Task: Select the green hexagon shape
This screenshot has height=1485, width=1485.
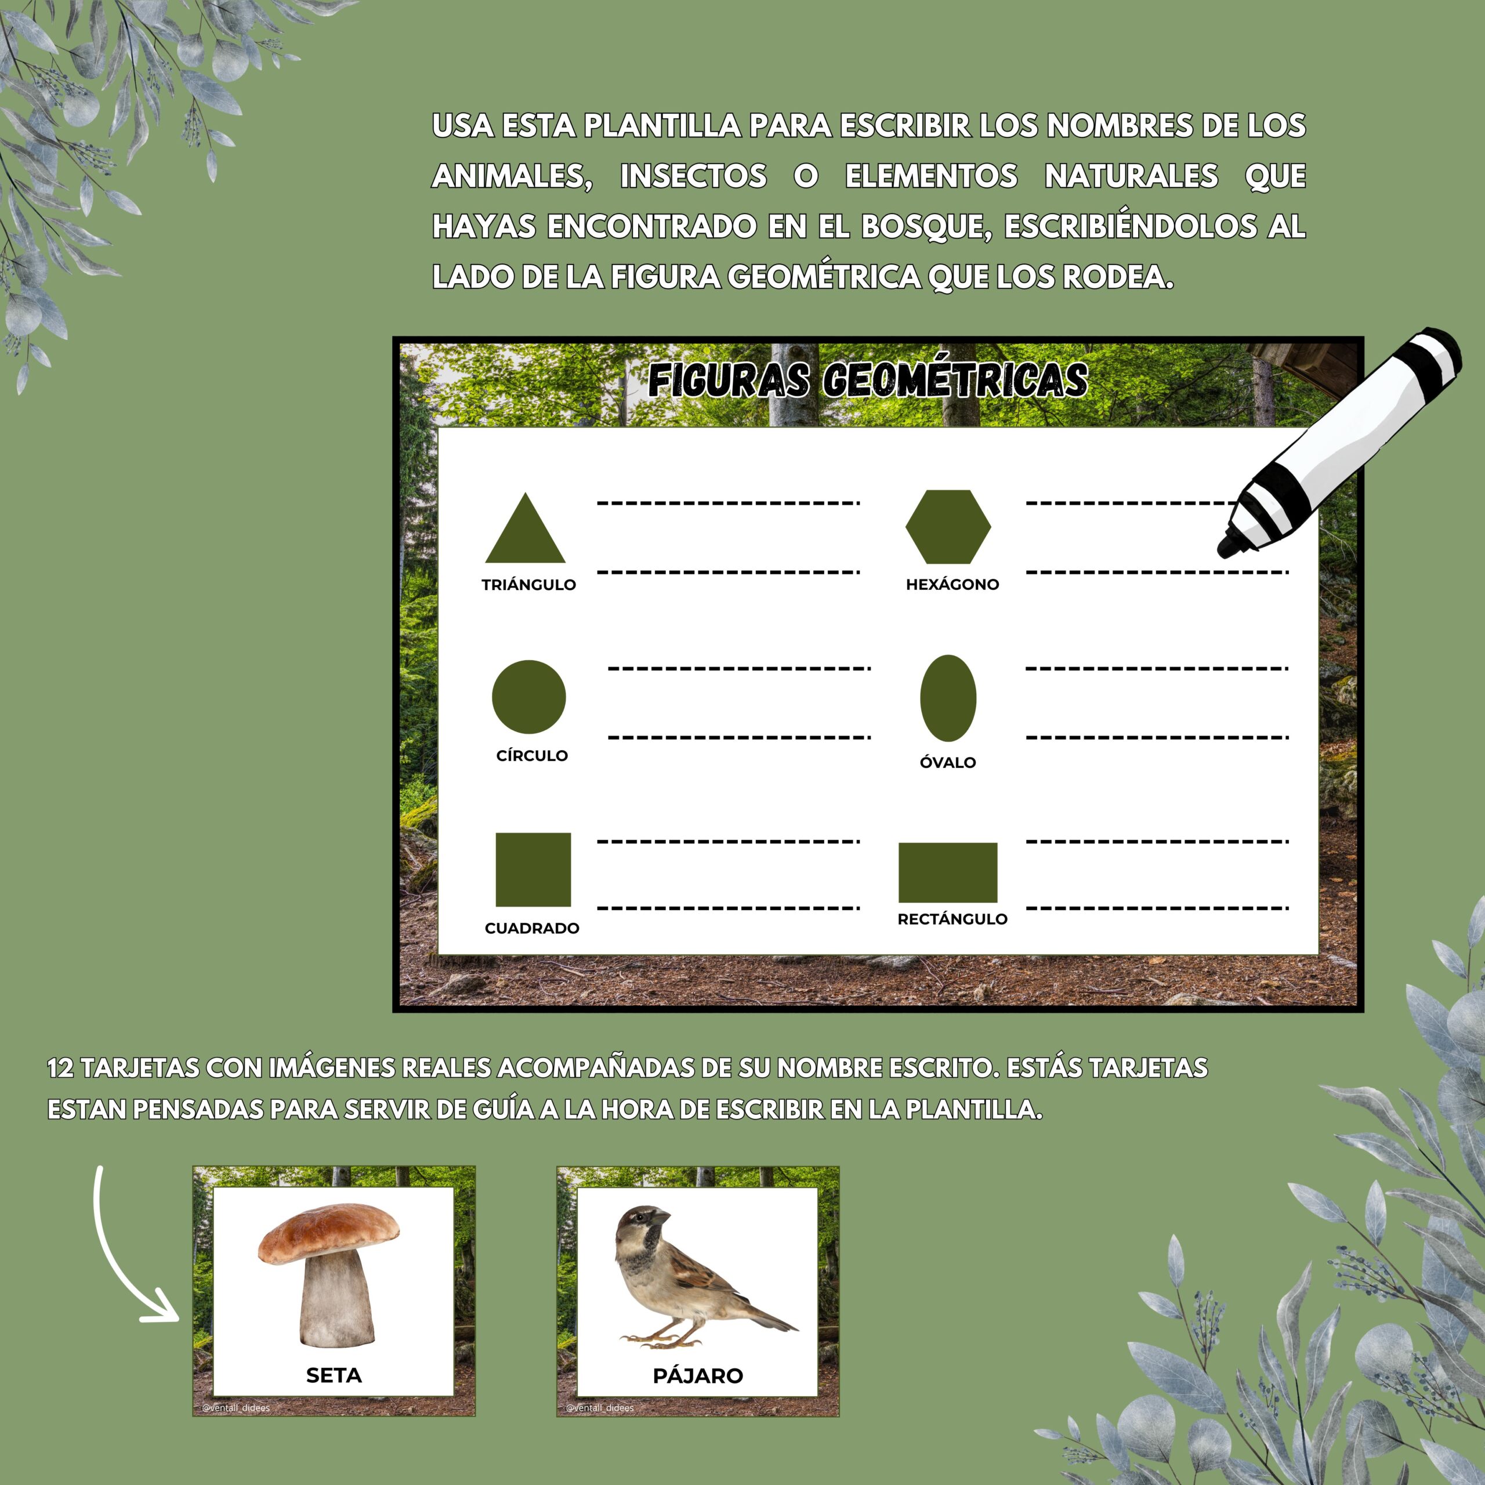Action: click(948, 527)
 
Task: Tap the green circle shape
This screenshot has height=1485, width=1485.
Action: click(529, 696)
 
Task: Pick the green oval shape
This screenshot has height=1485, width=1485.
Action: click(948, 698)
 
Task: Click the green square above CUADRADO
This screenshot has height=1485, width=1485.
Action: click(533, 870)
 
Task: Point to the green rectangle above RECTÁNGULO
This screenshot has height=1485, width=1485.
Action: click(948, 872)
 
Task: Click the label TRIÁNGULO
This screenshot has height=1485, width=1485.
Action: click(529, 585)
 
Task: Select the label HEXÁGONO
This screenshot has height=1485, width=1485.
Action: click(952, 584)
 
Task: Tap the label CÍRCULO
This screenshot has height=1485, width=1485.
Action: click(532, 756)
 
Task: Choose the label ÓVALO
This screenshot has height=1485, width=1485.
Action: click(948, 762)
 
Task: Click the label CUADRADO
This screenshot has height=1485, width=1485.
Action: click(532, 928)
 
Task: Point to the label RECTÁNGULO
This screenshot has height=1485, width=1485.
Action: click(952, 918)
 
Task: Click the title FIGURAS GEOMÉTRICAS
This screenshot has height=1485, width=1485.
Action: click(868, 381)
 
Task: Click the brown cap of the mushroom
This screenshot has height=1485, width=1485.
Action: click(329, 1232)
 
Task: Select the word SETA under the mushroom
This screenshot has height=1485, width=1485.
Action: click(334, 1376)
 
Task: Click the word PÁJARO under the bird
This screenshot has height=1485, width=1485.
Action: click(698, 1376)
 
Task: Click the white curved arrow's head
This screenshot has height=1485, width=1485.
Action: click(161, 1309)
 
